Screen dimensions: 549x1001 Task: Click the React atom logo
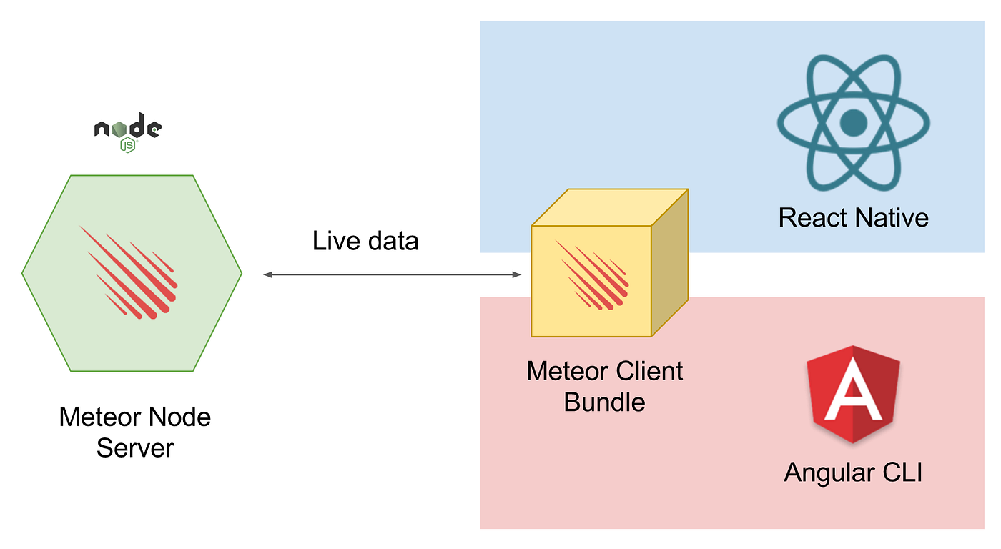853,123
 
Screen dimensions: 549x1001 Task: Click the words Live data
365,241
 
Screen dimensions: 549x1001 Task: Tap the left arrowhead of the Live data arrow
268,274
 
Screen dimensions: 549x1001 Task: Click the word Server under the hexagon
135,448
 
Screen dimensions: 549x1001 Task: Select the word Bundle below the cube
604,402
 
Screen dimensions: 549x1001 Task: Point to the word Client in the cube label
649,371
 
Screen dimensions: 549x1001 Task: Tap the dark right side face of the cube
670,272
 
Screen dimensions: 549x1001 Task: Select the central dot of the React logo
853,123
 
